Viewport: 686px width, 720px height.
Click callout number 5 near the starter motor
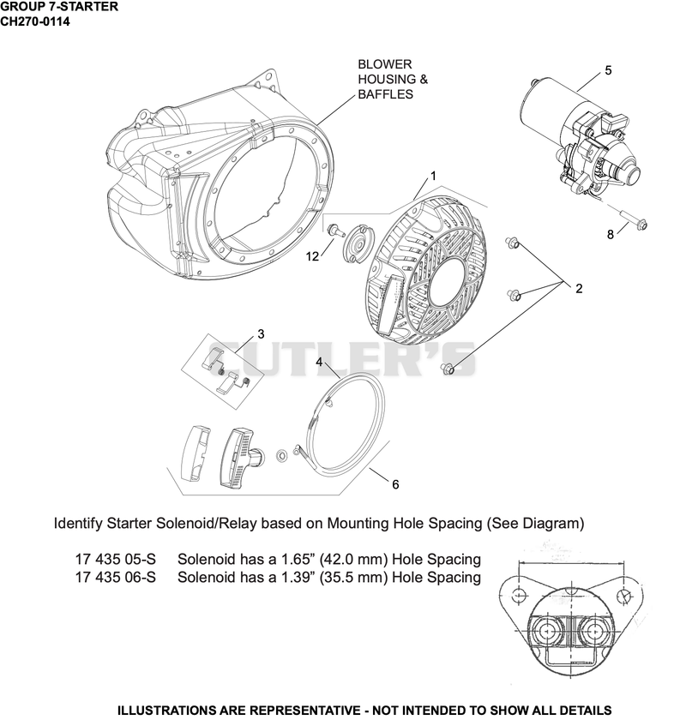pos(608,70)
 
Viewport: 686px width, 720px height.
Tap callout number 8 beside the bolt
pos(611,235)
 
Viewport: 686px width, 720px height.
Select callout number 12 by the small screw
pos(312,256)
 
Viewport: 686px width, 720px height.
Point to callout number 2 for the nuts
pos(579,288)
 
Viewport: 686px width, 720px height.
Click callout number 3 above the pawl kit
pos(261,333)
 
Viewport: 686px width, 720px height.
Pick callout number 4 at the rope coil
pos(319,362)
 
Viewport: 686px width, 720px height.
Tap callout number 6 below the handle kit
pos(395,484)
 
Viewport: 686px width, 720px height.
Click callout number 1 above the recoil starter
pos(432,176)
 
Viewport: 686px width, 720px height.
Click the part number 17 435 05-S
pos(115,559)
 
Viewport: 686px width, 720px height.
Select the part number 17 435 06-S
pos(115,577)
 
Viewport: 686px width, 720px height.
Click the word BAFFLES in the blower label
pos(386,94)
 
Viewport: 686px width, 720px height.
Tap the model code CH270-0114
pos(35,21)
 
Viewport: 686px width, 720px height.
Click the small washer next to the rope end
pos(280,455)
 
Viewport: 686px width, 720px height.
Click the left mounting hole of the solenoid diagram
pos(519,596)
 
